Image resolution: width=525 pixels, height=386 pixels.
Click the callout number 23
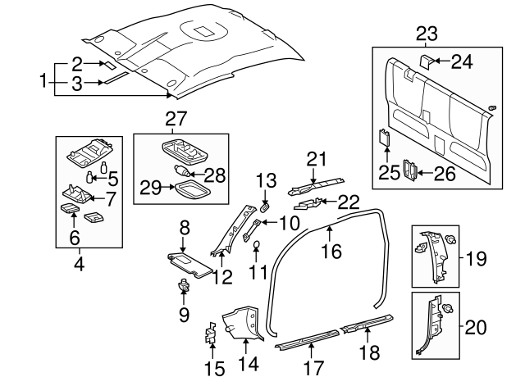click(427, 34)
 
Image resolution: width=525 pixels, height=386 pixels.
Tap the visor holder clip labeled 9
click(184, 287)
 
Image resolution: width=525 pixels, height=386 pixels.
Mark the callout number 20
click(477, 328)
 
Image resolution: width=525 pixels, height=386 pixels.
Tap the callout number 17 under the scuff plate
click(310, 368)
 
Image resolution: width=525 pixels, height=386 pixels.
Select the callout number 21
click(317, 158)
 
